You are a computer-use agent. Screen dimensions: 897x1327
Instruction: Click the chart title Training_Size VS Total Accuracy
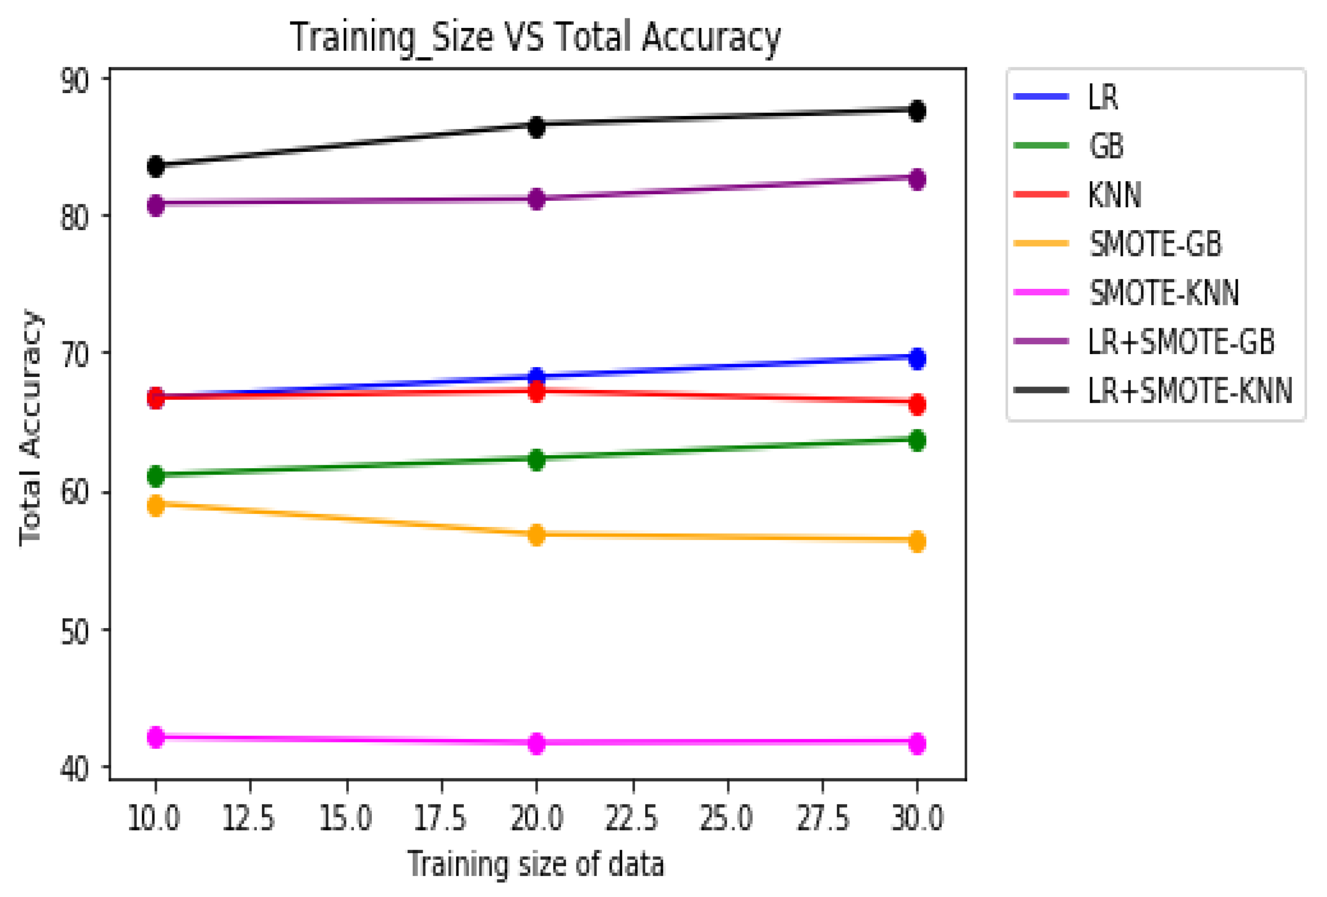click(x=535, y=38)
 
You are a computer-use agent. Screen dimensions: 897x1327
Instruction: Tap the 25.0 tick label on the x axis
click(x=727, y=818)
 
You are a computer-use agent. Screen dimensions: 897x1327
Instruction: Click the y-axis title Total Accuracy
click(x=31, y=427)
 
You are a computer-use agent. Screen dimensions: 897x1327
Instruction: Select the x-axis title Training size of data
click(x=536, y=864)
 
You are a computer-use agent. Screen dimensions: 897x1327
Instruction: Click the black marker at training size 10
click(x=155, y=166)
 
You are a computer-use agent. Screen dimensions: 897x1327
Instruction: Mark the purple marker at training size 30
click(x=916, y=179)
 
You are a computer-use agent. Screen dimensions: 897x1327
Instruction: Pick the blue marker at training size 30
click(x=916, y=359)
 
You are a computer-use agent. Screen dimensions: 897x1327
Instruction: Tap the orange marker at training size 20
click(x=536, y=535)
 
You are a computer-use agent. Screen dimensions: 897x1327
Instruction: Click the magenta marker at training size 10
click(x=155, y=737)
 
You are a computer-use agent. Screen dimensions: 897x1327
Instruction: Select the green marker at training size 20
click(x=536, y=459)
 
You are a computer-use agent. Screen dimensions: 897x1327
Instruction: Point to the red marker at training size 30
click(x=916, y=404)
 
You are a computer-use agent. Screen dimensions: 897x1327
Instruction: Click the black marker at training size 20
click(x=536, y=127)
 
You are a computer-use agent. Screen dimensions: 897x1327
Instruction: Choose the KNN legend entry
click(x=1114, y=195)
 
